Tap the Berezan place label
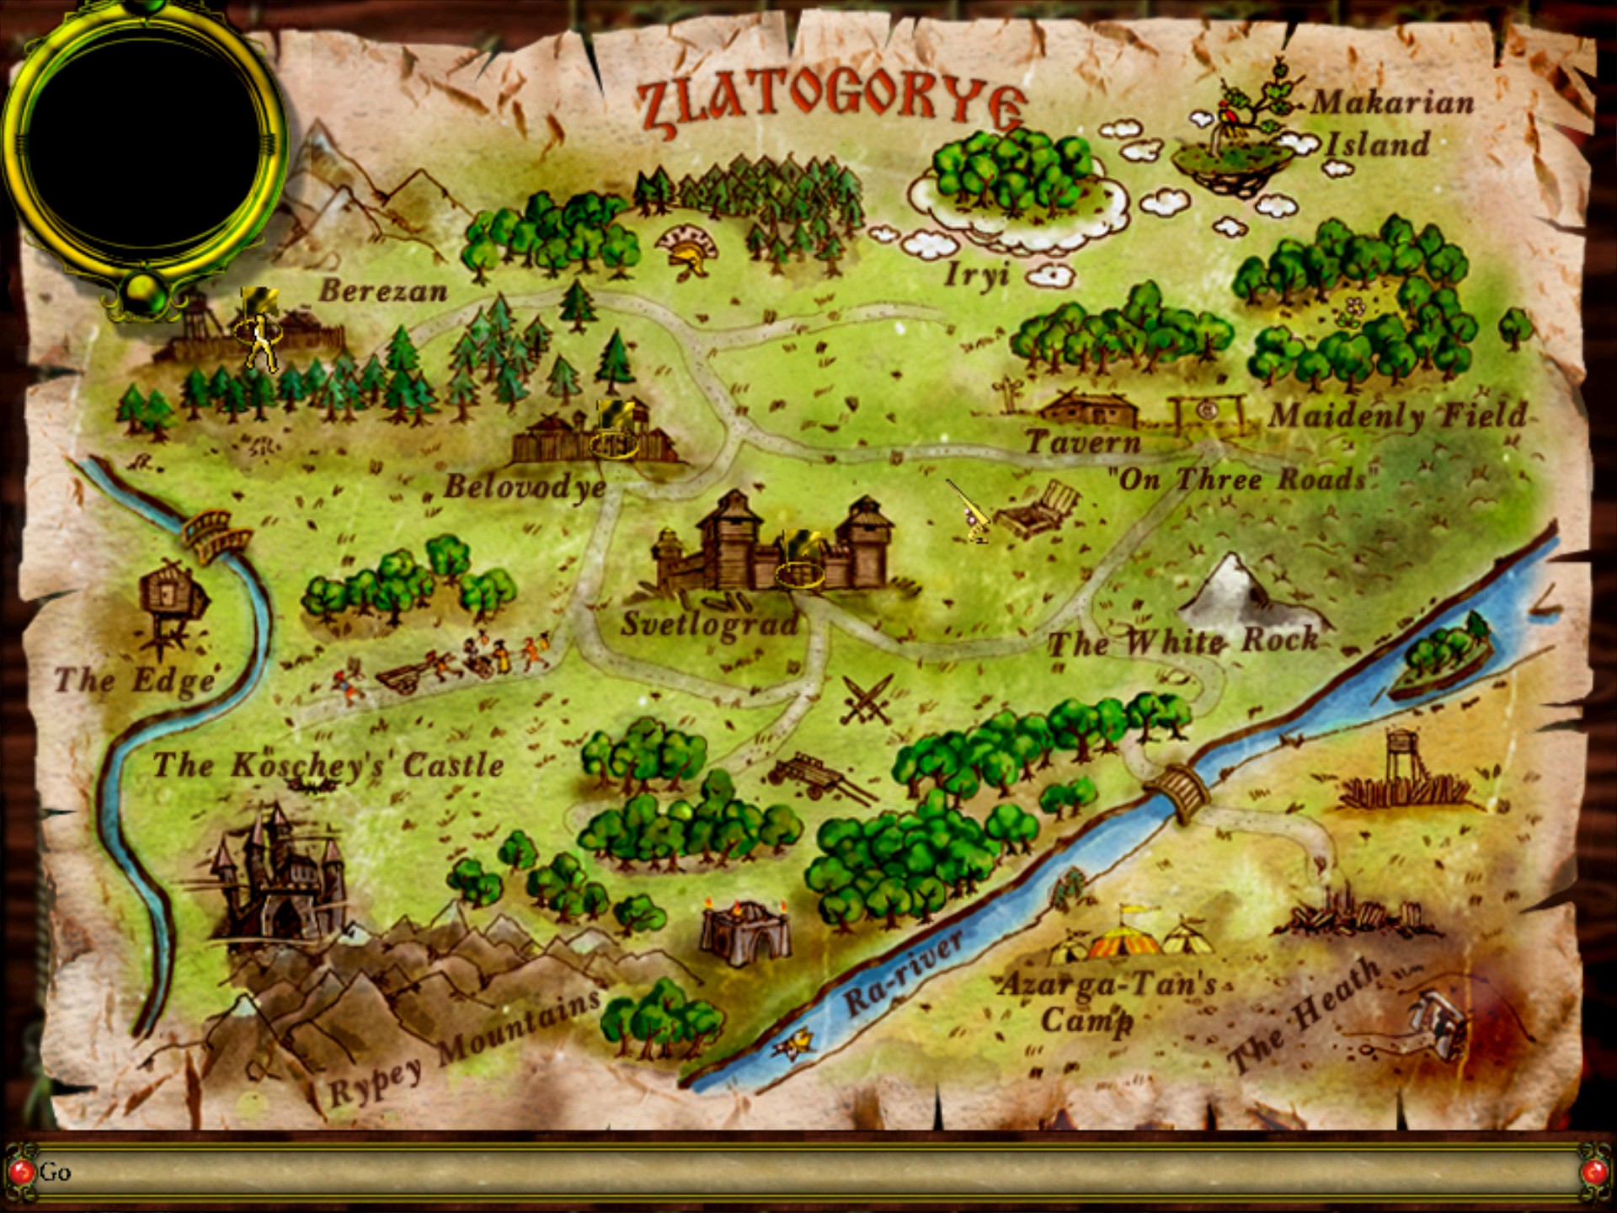382,291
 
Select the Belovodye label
525,487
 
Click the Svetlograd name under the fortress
709,624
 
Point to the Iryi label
976,275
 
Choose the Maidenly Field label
1398,415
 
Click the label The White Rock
1182,643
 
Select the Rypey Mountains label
463,1049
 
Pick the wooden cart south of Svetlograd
813,775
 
